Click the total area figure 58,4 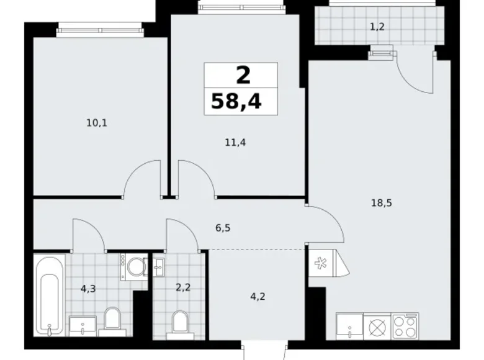pos(236,101)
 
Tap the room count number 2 pos(243,76)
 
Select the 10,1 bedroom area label pos(97,122)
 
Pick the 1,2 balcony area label pos(377,26)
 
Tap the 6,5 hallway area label pos(224,228)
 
